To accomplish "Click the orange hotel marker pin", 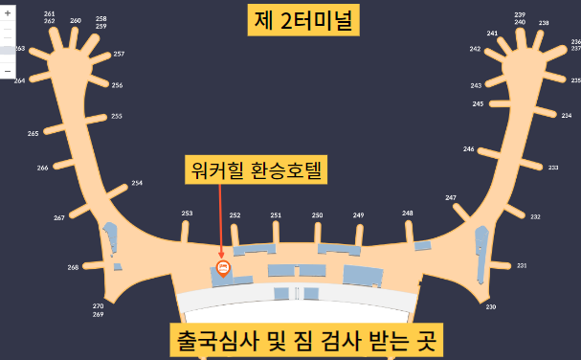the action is [x=223, y=267].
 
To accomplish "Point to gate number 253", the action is [x=187, y=214].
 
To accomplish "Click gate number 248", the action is [x=408, y=213].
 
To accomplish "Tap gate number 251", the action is [x=276, y=215].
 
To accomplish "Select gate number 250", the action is [x=317, y=215].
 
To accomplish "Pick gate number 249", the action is [x=358, y=215].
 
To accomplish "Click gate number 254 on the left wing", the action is [x=137, y=183].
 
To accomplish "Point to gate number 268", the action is [x=73, y=267].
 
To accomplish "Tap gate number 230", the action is [x=491, y=306].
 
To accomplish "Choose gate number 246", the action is [x=469, y=149].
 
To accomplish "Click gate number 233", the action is [x=553, y=167].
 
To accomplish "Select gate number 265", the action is [x=34, y=134].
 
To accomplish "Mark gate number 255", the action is [x=117, y=117].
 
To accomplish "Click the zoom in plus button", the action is [x=8, y=13].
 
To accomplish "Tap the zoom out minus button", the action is [x=8, y=71].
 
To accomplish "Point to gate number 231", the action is [x=522, y=265].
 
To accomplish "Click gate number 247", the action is [x=451, y=197].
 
